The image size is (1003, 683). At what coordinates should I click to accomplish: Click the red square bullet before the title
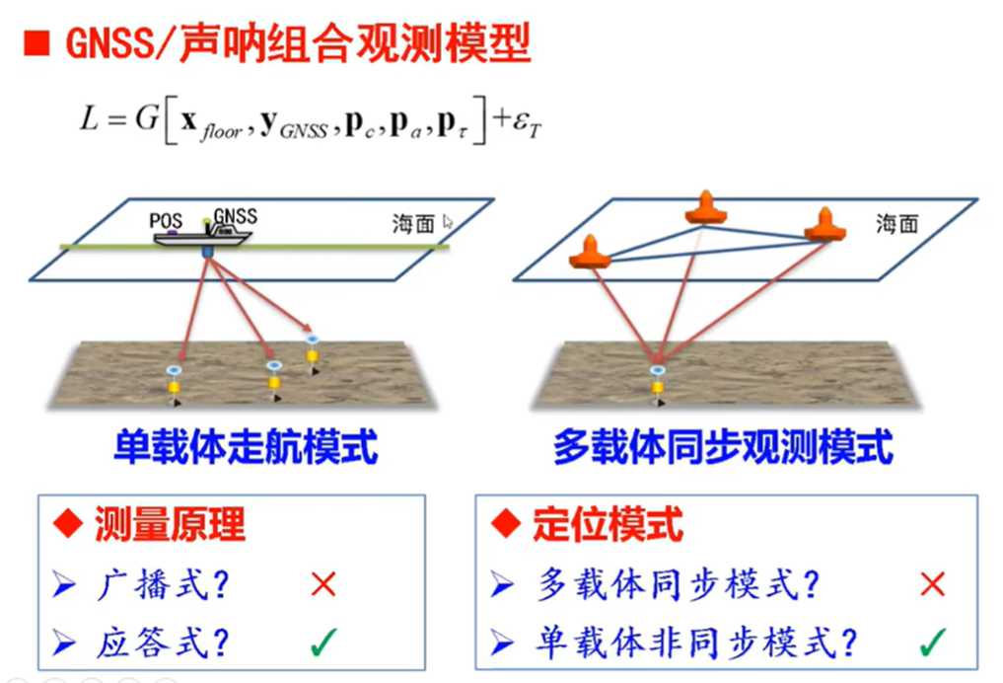[36, 42]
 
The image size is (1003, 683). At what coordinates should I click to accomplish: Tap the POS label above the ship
[166, 220]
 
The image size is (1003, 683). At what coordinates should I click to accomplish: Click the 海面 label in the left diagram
[413, 224]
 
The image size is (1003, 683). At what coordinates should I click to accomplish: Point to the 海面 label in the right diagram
[896, 224]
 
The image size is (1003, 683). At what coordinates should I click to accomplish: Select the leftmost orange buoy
[591, 253]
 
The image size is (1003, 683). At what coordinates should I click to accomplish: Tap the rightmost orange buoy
[824, 227]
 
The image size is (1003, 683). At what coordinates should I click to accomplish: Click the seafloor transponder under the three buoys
[657, 380]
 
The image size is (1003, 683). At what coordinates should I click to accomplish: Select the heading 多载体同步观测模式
[723, 448]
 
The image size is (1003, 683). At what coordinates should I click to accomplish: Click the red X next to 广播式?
[323, 585]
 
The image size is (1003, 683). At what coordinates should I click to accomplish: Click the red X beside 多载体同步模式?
[932, 585]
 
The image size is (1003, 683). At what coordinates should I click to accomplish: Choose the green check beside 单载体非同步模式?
[932, 645]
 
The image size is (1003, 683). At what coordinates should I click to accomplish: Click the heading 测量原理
[169, 523]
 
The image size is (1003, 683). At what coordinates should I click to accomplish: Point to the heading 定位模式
[607, 523]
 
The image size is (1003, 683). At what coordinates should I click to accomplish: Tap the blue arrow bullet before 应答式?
[64, 645]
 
